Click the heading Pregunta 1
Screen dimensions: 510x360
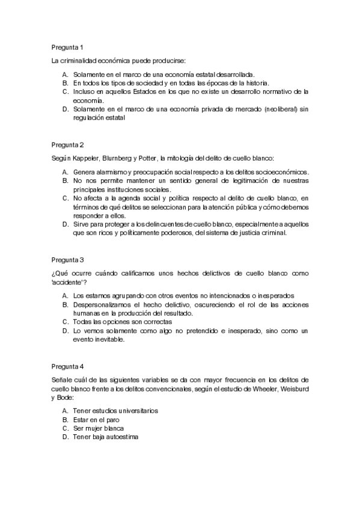[67, 47]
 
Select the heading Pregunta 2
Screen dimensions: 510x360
[67, 145]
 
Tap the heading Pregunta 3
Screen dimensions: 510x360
[67, 260]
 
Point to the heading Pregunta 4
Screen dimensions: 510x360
[67, 366]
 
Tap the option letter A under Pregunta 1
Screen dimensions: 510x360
[64, 74]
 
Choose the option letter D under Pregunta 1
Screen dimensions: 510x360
[64, 109]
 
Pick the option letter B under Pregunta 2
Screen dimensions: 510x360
[64, 180]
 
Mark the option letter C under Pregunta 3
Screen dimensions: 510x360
[64, 322]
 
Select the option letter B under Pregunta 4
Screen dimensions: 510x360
[64, 419]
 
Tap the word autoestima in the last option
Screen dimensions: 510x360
[120, 437]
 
